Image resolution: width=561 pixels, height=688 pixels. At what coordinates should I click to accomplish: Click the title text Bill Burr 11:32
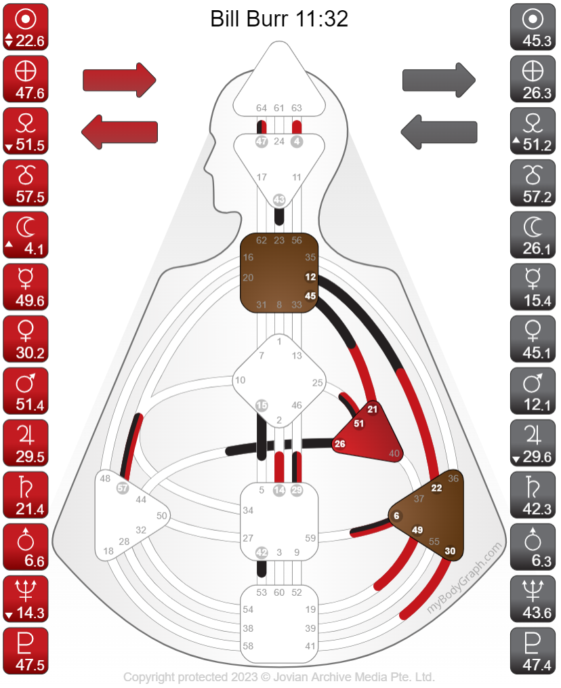pyautogui.click(x=279, y=19)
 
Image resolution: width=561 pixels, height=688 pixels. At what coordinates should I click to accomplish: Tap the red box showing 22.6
pyautogui.click(x=26, y=28)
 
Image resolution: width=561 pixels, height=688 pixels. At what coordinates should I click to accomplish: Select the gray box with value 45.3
pyautogui.click(x=535, y=28)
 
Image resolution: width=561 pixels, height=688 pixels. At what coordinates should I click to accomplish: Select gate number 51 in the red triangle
pyautogui.click(x=359, y=424)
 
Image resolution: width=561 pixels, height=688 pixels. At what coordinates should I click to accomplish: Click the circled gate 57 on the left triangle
pyautogui.click(x=123, y=487)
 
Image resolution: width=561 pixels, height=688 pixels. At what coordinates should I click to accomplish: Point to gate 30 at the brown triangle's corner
pyautogui.click(x=451, y=551)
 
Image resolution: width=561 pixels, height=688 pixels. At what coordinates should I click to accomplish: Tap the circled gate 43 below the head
pyautogui.click(x=279, y=200)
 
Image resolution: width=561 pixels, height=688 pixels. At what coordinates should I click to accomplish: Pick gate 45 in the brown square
pyautogui.click(x=311, y=296)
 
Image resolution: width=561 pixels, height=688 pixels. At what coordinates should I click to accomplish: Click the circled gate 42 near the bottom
pyautogui.click(x=262, y=552)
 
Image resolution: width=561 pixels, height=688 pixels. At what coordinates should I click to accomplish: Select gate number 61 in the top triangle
pyautogui.click(x=279, y=108)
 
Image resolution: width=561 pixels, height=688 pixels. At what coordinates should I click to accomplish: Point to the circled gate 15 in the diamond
pyautogui.click(x=262, y=405)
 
